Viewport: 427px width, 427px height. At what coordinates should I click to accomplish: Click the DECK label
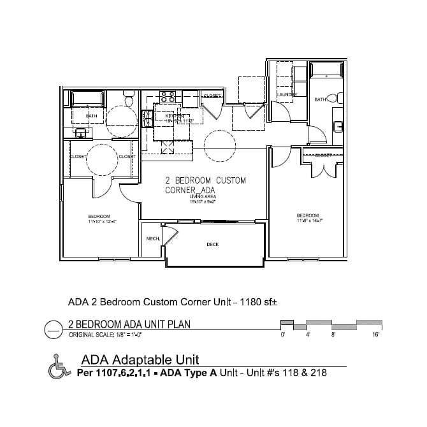[212, 244]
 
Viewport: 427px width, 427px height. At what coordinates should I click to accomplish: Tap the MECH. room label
[152, 238]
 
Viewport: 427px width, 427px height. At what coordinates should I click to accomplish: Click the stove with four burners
[168, 97]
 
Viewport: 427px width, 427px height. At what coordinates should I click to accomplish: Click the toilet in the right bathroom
[339, 99]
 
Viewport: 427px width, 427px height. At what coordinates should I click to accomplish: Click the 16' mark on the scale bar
[376, 334]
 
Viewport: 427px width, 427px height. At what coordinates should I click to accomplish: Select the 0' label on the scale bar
[282, 334]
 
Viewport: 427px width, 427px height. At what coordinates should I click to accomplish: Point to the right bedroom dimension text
[310, 221]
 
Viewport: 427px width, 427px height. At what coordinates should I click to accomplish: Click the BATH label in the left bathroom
[92, 116]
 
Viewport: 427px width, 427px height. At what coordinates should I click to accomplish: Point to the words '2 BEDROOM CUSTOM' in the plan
[205, 180]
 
